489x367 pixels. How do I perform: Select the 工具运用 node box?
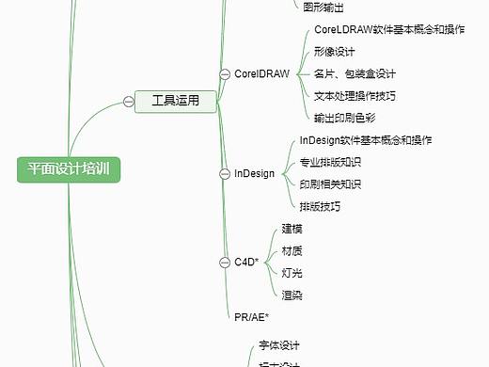pos(175,100)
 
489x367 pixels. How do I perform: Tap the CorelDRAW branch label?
pos(261,73)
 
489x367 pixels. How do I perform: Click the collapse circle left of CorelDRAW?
pos(224,73)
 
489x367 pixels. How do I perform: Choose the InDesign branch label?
pos(254,173)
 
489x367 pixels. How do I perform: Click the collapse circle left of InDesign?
pos(224,173)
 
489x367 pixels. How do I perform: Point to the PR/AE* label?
pos(251,315)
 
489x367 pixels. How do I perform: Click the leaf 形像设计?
pos(335,52)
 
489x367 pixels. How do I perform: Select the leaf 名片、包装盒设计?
pos(355,73)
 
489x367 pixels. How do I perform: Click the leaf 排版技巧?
pos(320,206)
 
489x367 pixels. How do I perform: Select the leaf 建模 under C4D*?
pos(292,229)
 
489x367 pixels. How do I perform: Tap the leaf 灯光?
pos(292,273)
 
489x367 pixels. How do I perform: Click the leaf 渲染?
pos(292,295)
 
